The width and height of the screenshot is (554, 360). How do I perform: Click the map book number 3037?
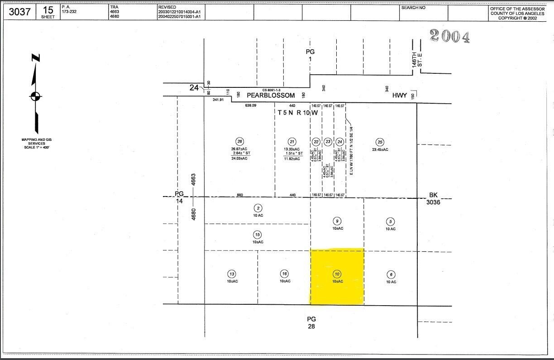(x=19, y=12)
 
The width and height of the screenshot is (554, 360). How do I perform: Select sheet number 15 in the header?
(x=48, y=10)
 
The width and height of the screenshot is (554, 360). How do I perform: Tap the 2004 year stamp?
(x=449, y=36)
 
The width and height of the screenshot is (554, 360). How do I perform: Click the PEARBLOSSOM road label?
(x=271, y=96)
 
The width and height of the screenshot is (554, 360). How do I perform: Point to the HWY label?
(x=400, y=96)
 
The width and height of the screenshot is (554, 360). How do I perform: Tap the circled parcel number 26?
(x=239, y=142)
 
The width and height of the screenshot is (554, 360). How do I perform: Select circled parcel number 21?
(x=292, y=142)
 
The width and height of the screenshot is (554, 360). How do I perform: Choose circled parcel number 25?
(x=380, y=142)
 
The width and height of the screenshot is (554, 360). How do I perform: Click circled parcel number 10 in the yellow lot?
(x=337, y=274)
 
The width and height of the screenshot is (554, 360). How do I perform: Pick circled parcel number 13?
(x=232, y=274)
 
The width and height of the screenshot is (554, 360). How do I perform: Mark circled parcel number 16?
(x=284, y=274)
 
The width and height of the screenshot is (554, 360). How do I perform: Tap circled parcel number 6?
(x=391, y=274)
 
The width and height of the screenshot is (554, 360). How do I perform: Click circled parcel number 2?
(x=258, y=208)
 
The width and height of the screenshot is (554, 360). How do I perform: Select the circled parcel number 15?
(x=258, y=235)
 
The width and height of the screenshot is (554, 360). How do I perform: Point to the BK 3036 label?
(x=433, y=198)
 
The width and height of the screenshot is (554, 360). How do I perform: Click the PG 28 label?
(x=311, y=322)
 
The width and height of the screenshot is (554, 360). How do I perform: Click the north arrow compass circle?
(x=35, y=96)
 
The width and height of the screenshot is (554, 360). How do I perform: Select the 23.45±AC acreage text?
(x=380, y=149)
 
